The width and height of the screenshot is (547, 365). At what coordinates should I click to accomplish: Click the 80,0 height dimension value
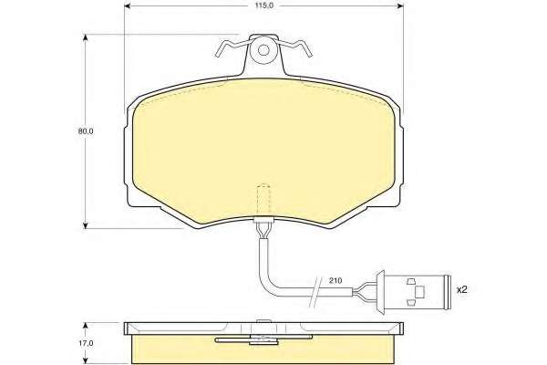point(86,131)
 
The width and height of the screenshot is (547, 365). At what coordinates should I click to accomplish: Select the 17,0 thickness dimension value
point(86,343)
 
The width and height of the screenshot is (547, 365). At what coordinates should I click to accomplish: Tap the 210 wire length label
point(335,280)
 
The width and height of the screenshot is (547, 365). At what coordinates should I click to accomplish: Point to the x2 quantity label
point(462,289)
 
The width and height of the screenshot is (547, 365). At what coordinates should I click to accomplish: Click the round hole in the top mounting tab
point(263,50)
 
